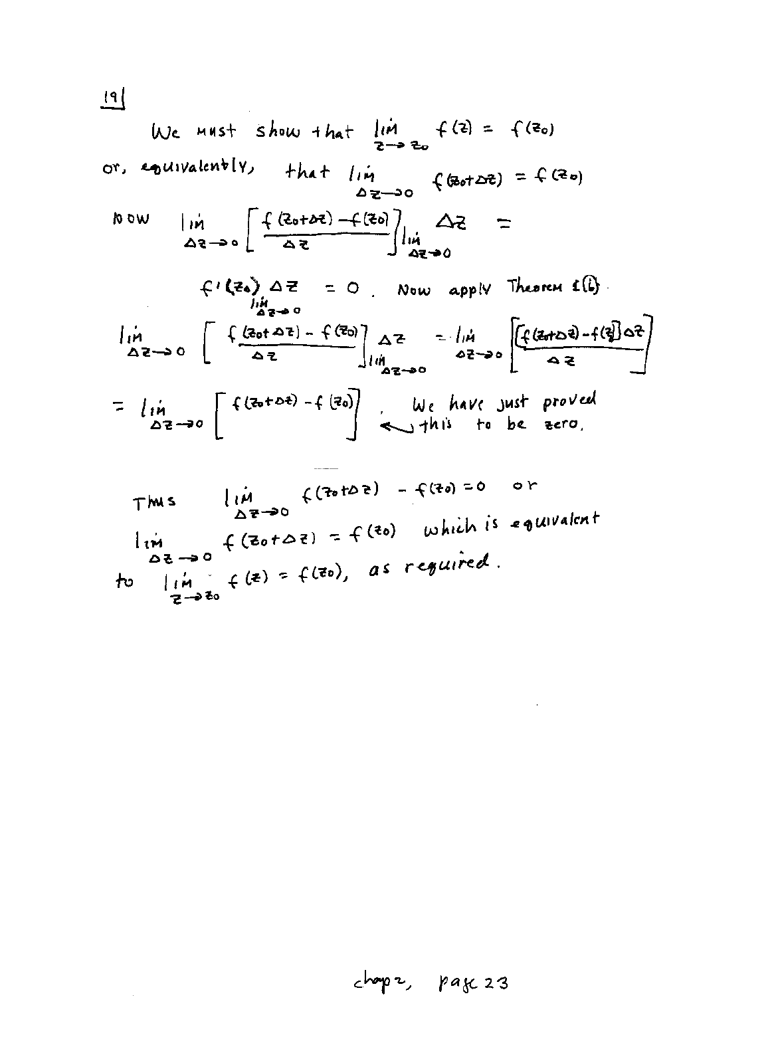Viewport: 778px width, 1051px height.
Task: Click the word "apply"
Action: [469, 290]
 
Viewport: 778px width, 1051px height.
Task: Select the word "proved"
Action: [569, 402]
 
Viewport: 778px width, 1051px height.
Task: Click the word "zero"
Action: [563, 425]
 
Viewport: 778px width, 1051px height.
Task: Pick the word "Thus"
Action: [154, 502]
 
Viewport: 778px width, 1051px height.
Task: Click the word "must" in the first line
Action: [215, 132]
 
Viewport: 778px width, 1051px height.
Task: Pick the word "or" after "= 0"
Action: [525, 486]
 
